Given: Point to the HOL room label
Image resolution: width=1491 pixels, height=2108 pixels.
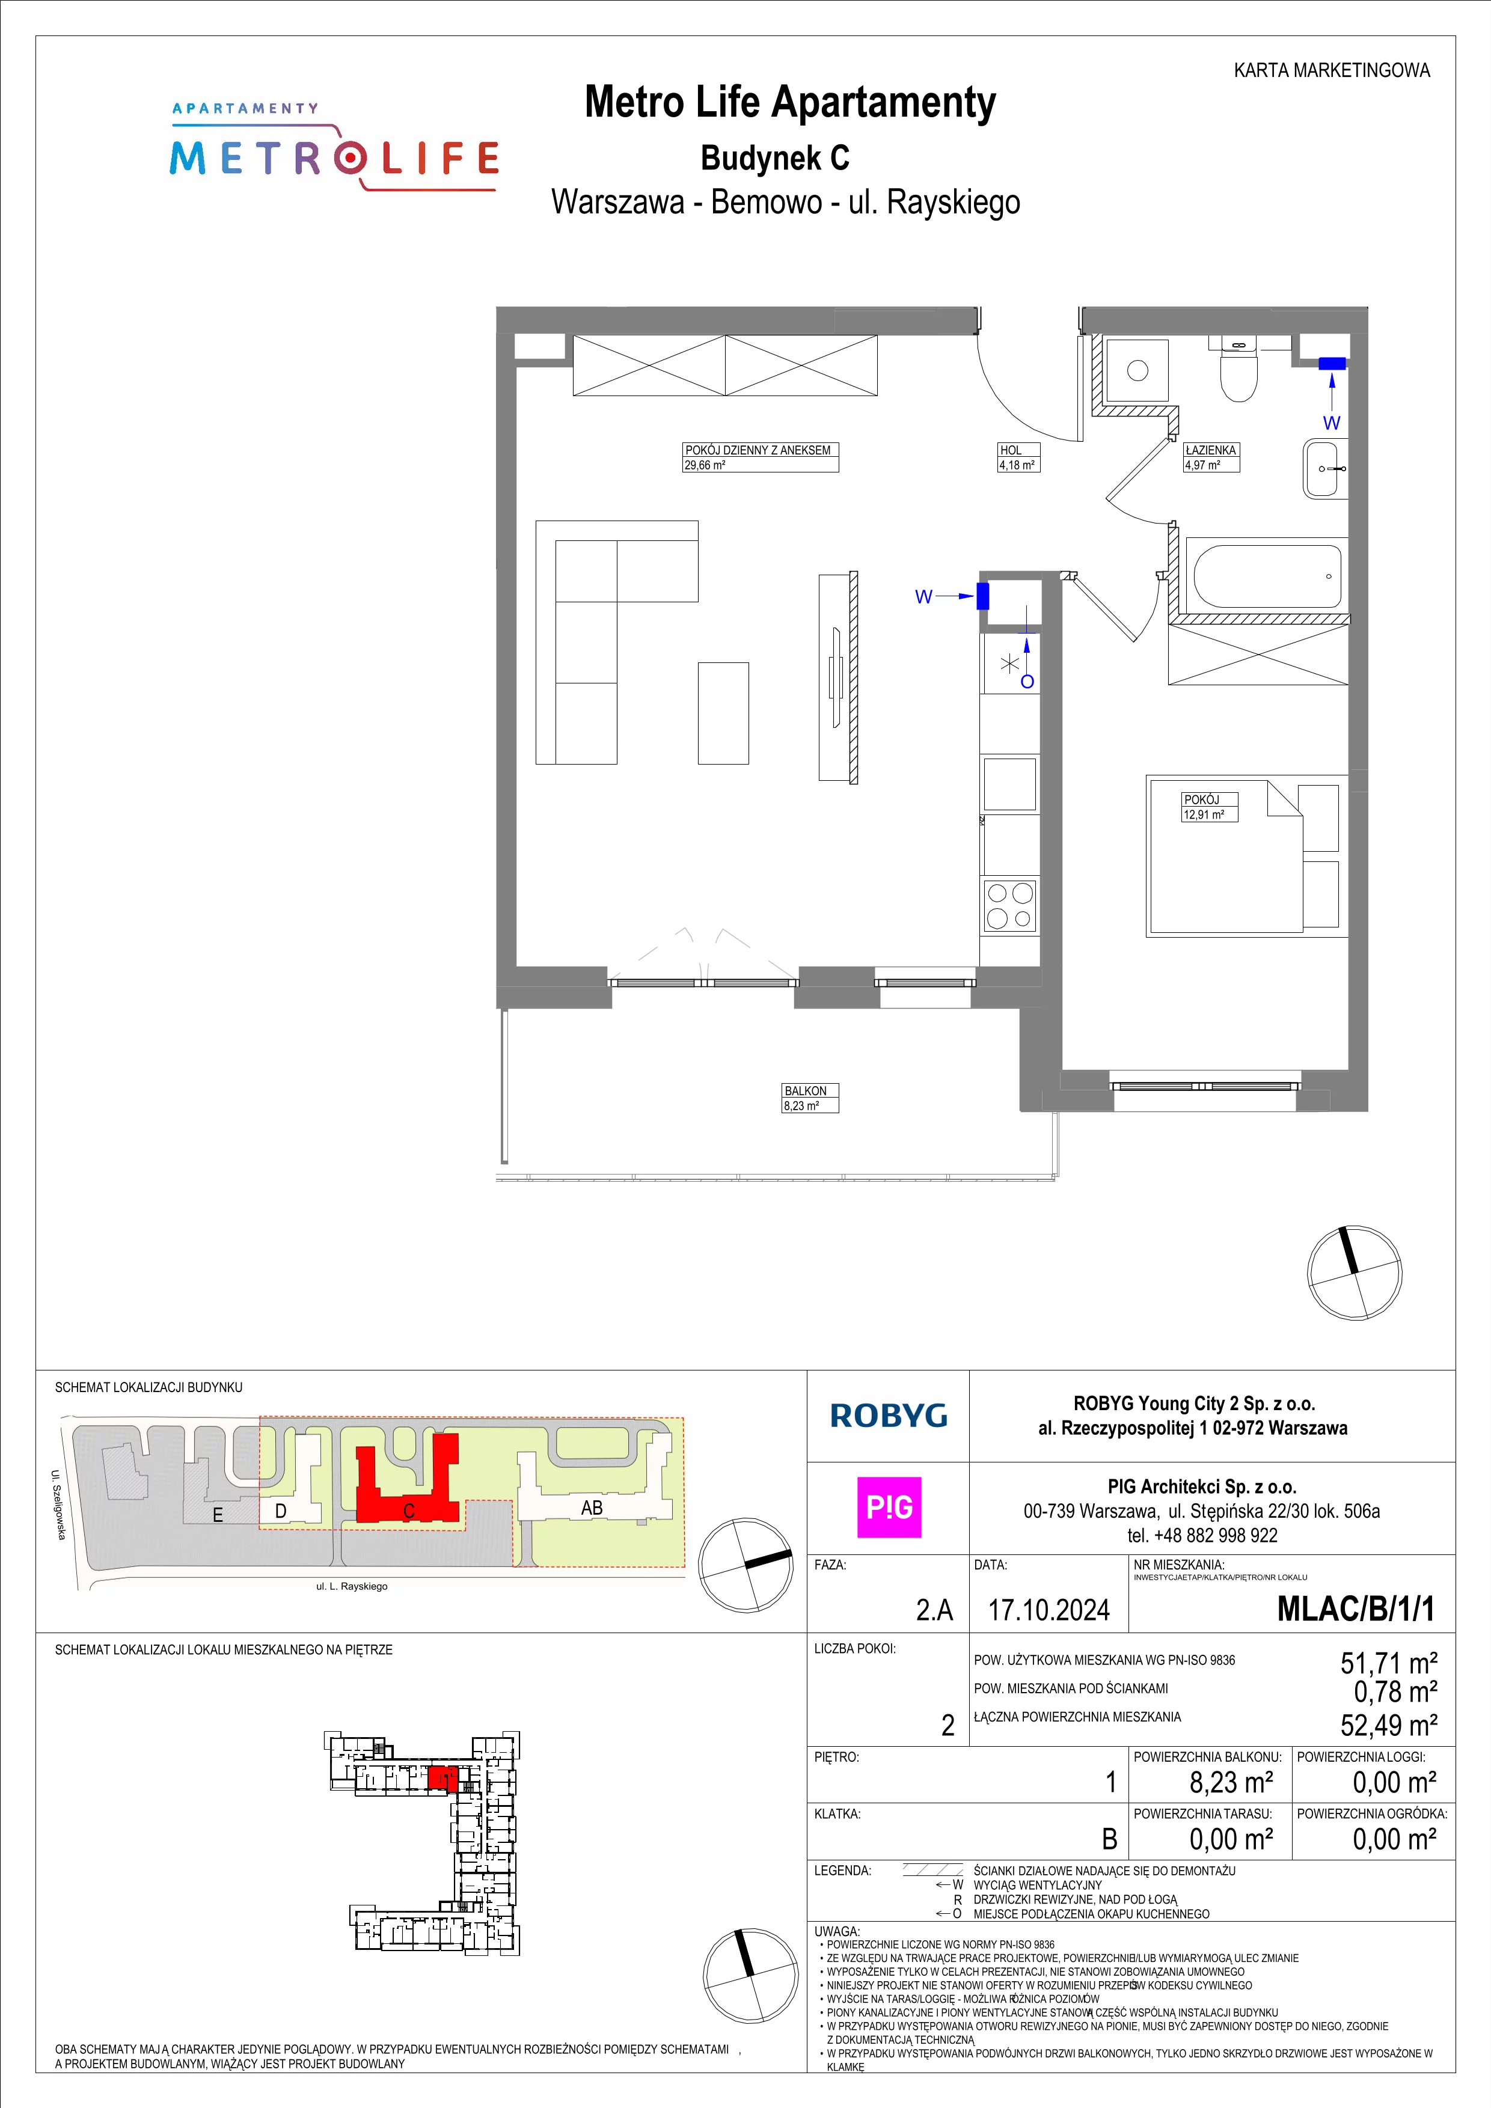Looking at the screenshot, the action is (x=1010, y=450).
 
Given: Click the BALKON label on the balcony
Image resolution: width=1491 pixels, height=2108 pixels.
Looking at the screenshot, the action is (x=805, y=1091).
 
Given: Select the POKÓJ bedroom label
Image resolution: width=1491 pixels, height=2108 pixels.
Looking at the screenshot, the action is (x=1201, y=799).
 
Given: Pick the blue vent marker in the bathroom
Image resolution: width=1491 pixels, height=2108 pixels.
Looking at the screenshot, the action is (x=1332, y=364).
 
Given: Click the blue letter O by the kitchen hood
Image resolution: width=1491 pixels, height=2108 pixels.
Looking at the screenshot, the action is (x=1027, y=681).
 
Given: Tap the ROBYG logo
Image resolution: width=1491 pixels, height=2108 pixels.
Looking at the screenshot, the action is (x=889, y=1416).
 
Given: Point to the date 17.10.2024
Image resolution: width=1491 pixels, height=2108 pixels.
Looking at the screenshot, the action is (x=1049, y=1610).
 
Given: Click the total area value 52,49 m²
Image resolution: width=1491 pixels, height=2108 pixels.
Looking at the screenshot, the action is (x=1389, y=1725).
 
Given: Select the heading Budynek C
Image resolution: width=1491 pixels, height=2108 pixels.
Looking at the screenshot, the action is (x=775, y=158).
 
